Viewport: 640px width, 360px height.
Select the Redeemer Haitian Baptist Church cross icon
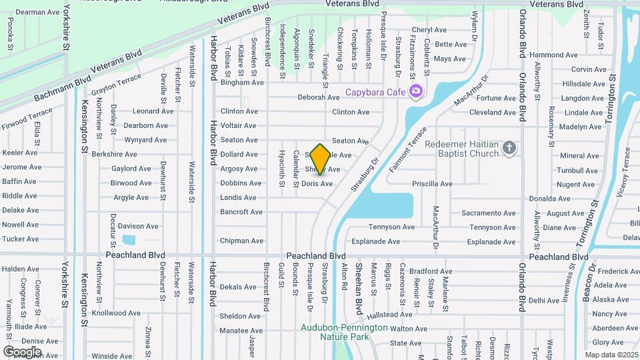(509, 147)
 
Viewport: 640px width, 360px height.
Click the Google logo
(22, 351)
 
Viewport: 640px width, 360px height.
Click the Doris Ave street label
(317, 184)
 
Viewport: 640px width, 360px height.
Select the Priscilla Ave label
(432, 184)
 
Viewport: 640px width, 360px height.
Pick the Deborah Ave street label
(319, 97)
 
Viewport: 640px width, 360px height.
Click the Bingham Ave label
(242, 83)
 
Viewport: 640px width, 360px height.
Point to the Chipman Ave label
(242, 241)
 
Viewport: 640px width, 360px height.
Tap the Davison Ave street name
(138, 226)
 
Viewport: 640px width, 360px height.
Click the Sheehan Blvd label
(358, 288)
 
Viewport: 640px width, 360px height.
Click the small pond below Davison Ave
(129, 240)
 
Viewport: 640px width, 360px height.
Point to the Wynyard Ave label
(146, 140)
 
